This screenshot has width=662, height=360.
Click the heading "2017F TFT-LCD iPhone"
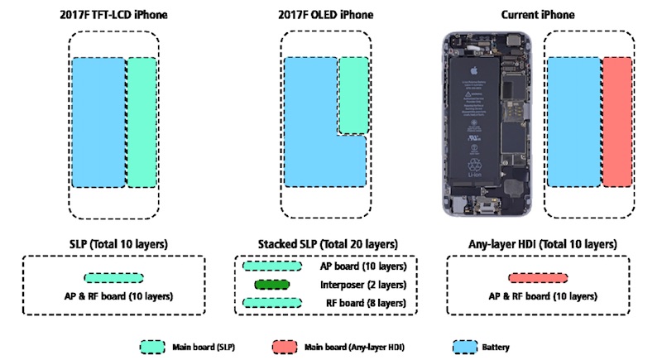113,15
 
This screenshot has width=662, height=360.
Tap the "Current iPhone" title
539,15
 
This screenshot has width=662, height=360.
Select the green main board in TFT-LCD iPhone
142,122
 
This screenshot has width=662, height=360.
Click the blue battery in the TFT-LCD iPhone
98,122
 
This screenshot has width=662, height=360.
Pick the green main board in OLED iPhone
353,94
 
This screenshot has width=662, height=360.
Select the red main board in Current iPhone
616,122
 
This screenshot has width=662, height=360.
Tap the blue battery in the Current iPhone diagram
573,122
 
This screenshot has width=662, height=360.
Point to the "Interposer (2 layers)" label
362,286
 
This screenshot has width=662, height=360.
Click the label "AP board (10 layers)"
362,267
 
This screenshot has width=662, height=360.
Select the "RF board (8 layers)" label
362,304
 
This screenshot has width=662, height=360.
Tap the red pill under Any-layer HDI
538,279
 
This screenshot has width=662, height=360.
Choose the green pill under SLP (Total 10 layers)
113,279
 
